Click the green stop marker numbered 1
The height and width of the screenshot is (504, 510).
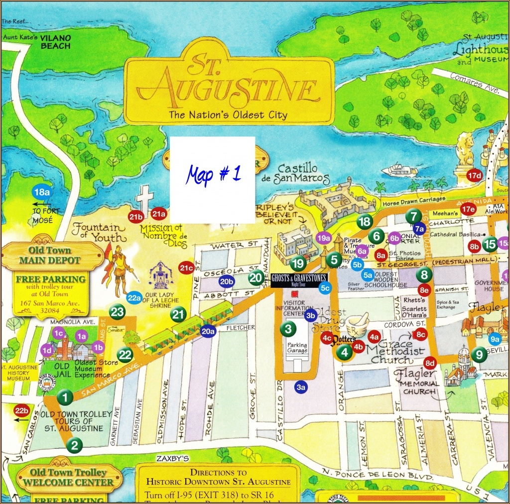click(65, 397)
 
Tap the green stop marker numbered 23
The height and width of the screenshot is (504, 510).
click(117, 312)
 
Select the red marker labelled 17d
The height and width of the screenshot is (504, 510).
click(475, 176)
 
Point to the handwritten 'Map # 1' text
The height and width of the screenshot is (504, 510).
click(213, 174)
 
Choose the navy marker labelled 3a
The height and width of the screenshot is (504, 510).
click(300, 386)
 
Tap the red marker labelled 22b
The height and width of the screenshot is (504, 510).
click(22, 410)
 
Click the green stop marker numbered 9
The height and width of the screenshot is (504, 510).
click(479, 355)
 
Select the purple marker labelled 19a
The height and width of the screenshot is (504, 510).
click(324, 239)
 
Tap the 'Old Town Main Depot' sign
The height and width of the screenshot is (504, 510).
click(50, 255)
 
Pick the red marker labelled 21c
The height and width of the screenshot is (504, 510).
click(187, 268)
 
